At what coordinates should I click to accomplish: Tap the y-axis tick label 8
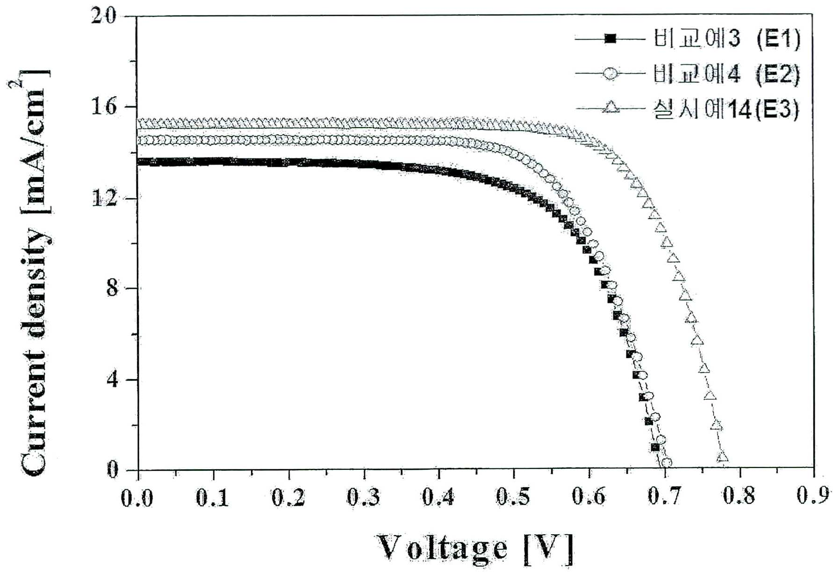tap(111, 287)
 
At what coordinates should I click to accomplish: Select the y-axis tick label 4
tap(111, 379)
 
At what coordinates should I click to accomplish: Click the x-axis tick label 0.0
tap(137, 498)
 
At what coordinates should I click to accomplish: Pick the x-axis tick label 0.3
tap(363, 497)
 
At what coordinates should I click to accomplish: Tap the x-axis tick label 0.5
tap(513, 497)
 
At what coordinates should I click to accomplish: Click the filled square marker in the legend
tap(610, 38)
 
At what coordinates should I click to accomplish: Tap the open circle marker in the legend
tap(610, 73)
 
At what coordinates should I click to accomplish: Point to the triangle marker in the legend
tap(610, 108)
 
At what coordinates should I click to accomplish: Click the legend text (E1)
tap(777, 38)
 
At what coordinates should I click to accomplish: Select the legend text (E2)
tap(777, 74)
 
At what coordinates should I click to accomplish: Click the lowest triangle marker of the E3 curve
tap(723, 457)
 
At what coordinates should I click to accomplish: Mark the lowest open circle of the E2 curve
tap(667, 462)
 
